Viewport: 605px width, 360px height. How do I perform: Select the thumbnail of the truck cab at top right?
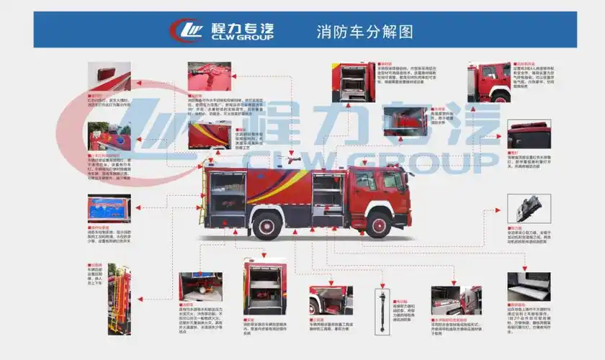tap(489, 82)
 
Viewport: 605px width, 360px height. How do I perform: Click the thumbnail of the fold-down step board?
tap(528, 287)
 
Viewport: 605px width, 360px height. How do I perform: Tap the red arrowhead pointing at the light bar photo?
tap(502, 135)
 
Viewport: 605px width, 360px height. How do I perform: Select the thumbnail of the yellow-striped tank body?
tap(210, 134)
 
